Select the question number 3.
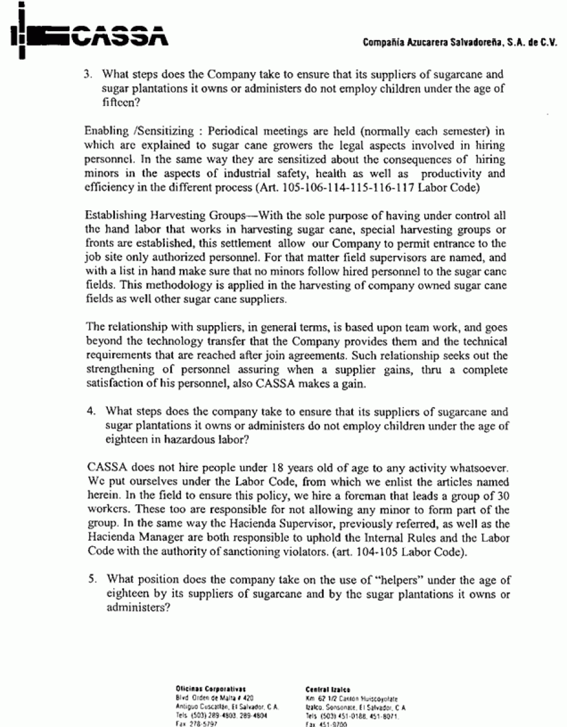(88, 75)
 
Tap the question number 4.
(88, 412)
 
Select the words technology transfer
(226, 341)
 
